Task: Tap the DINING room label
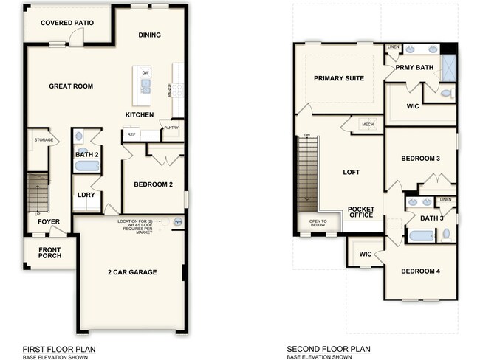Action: [149, 35]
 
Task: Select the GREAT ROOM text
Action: [71, 86]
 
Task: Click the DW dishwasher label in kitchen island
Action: [145, 72]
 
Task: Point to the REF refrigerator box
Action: [131, 134]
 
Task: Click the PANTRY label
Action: [171, 128]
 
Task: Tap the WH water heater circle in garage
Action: [177, 222]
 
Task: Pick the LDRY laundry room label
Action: [85, 195]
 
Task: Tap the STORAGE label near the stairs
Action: [44, 139]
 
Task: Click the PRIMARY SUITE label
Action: [339, 78]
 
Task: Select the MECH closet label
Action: [368, 125]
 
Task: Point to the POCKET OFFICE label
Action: [361, 212]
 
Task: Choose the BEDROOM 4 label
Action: [420, 271]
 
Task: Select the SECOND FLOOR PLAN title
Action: [329, 349]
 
